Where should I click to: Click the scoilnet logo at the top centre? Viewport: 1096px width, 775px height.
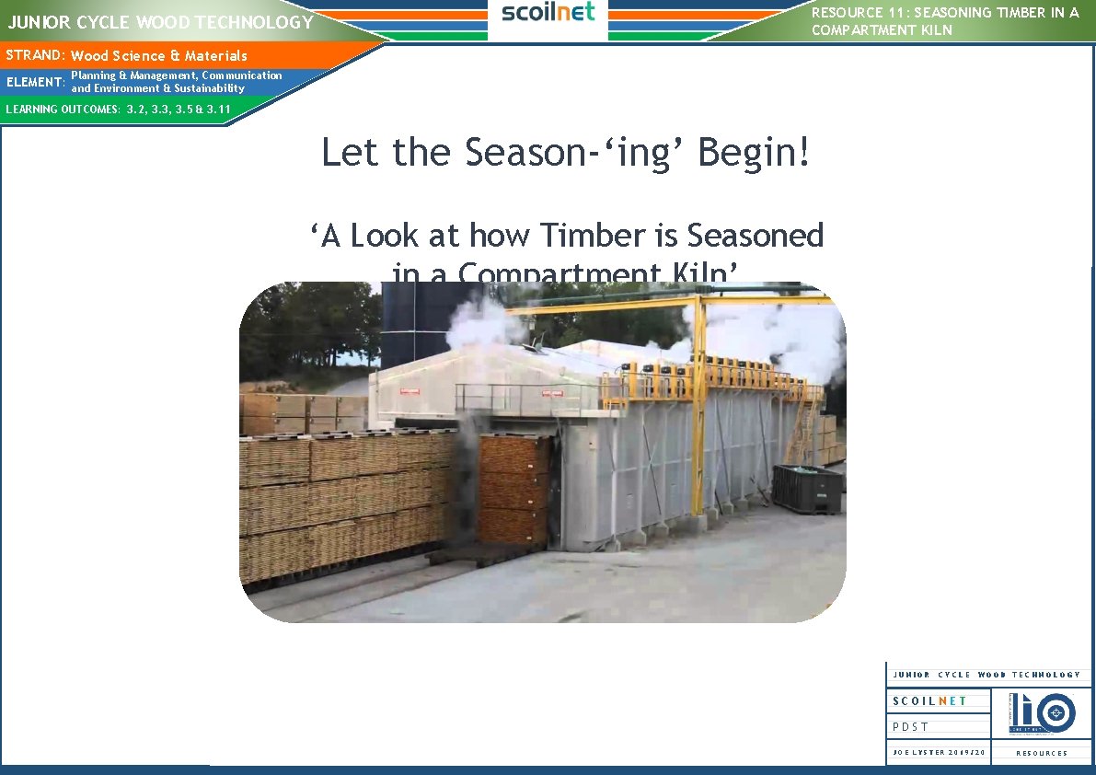548,13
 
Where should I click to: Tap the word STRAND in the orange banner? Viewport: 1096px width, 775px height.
33,55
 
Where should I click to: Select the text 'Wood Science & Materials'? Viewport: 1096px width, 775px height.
159,56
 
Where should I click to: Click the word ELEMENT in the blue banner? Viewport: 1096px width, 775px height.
34,83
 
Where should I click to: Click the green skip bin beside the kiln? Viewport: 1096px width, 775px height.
807,488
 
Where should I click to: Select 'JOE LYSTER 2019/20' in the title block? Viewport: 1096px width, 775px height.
939,753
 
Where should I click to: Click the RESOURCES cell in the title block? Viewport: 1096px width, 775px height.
1042,753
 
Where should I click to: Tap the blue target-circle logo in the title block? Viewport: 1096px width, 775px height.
1055,711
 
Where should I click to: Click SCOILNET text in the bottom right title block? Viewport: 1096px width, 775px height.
929,700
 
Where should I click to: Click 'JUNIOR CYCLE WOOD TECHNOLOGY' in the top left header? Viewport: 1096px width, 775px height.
161,21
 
